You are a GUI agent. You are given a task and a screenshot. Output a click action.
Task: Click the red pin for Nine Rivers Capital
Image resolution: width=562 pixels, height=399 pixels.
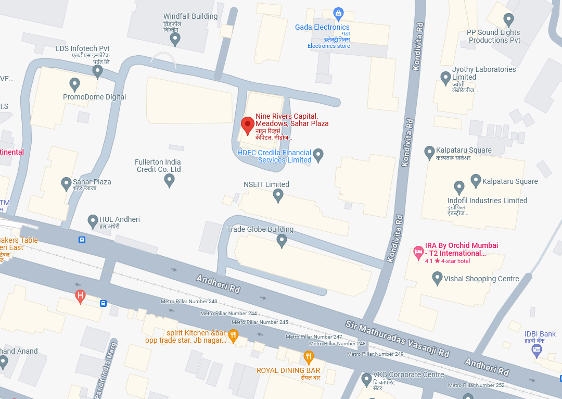click(x=248, y=126)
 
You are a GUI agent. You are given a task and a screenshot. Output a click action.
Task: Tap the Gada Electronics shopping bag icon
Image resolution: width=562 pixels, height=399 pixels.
click(x=338, y=13)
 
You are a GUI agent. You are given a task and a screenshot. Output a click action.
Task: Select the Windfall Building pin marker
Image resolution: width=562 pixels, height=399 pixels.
click(x=175, y=39)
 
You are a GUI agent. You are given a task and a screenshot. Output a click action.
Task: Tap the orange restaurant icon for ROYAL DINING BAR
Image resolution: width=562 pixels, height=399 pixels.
click(x=309, y=357)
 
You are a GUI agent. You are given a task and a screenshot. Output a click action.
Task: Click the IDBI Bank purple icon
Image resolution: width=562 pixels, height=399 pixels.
click(x=537, y=351)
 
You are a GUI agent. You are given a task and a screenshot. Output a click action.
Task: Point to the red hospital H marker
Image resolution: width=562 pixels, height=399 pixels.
click(x=80, y=296)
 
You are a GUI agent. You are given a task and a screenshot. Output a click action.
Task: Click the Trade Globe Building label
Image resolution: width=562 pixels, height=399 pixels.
click(x=260, y=229)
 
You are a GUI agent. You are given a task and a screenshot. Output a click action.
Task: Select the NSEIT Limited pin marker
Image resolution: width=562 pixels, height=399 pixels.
click(x=278, y=195)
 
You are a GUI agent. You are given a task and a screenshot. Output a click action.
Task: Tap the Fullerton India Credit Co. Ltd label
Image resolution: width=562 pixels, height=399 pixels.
click(x=158, y=166)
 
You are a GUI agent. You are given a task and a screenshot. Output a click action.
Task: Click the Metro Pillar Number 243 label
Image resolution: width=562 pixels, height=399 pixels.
click(x=189, y=302)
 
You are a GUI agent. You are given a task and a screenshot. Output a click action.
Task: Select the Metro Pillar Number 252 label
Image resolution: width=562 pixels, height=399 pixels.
click(x=476, y=385)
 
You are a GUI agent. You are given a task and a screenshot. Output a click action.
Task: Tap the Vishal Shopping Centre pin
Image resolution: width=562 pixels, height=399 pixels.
click(x=438, y=278)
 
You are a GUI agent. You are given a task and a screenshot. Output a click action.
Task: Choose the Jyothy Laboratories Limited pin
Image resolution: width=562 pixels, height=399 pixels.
click(x=445, y=78)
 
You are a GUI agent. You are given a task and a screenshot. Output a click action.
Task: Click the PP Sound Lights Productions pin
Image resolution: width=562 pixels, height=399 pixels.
click(x=509, y=20)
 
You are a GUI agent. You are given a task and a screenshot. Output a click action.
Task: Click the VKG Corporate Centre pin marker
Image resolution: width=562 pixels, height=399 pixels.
click(x=366, y=377)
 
